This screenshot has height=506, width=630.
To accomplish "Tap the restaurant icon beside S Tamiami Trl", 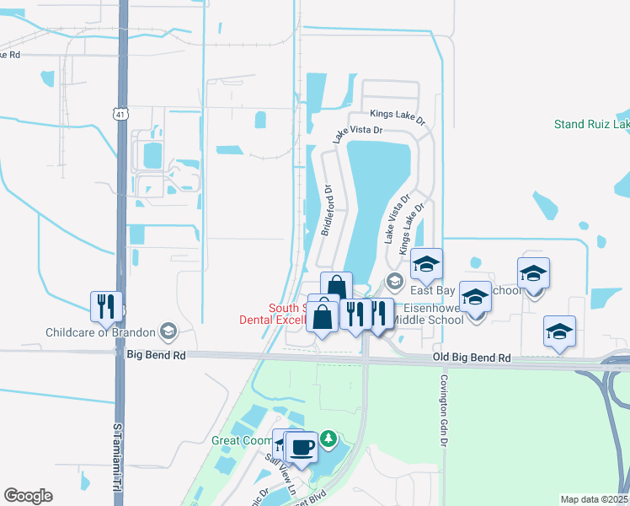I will point(106,306).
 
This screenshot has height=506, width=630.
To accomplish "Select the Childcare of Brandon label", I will point(104,331).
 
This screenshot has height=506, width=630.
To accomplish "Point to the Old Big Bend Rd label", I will point(472,358).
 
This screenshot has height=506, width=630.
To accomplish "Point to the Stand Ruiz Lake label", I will point(591,125).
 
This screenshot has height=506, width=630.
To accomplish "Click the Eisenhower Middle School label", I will point(430,314).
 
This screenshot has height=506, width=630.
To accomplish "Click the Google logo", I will point(28,496).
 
